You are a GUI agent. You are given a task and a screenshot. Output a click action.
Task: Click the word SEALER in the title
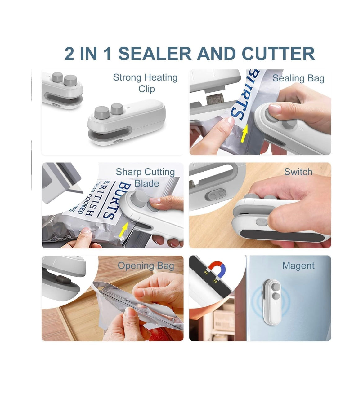[155, 54]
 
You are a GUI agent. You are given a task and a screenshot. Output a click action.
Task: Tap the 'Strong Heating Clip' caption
[145, 83]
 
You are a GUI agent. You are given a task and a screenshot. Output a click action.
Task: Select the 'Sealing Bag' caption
[298, 78]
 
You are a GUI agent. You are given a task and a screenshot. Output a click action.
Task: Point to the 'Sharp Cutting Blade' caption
[145, 177]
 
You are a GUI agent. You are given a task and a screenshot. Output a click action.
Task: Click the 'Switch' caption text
[298, 172]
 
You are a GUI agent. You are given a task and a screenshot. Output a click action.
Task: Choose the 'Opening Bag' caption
[146, 266]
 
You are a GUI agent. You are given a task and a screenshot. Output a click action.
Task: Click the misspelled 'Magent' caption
[298, 266]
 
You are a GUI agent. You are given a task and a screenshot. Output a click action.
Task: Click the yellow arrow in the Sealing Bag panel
[245, 134]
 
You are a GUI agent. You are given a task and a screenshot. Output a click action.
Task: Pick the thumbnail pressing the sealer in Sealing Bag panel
[275, 109]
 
